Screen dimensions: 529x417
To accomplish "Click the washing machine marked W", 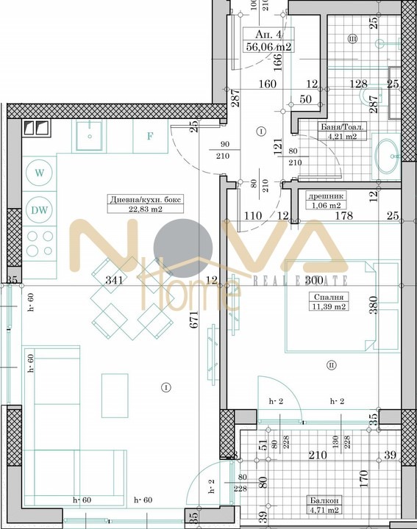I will click(38, 173).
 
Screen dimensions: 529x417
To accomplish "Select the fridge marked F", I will click(150, 136).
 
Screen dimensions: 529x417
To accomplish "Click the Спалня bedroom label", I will click(323, 298).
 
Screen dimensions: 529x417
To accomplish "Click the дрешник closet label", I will click(324, 196).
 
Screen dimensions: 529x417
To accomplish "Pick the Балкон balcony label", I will click(323, 500).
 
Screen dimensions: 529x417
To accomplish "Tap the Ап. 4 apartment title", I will click(269, 35).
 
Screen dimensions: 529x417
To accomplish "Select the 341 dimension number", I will click(113, 280).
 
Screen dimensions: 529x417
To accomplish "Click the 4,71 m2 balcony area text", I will click(324, 510).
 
